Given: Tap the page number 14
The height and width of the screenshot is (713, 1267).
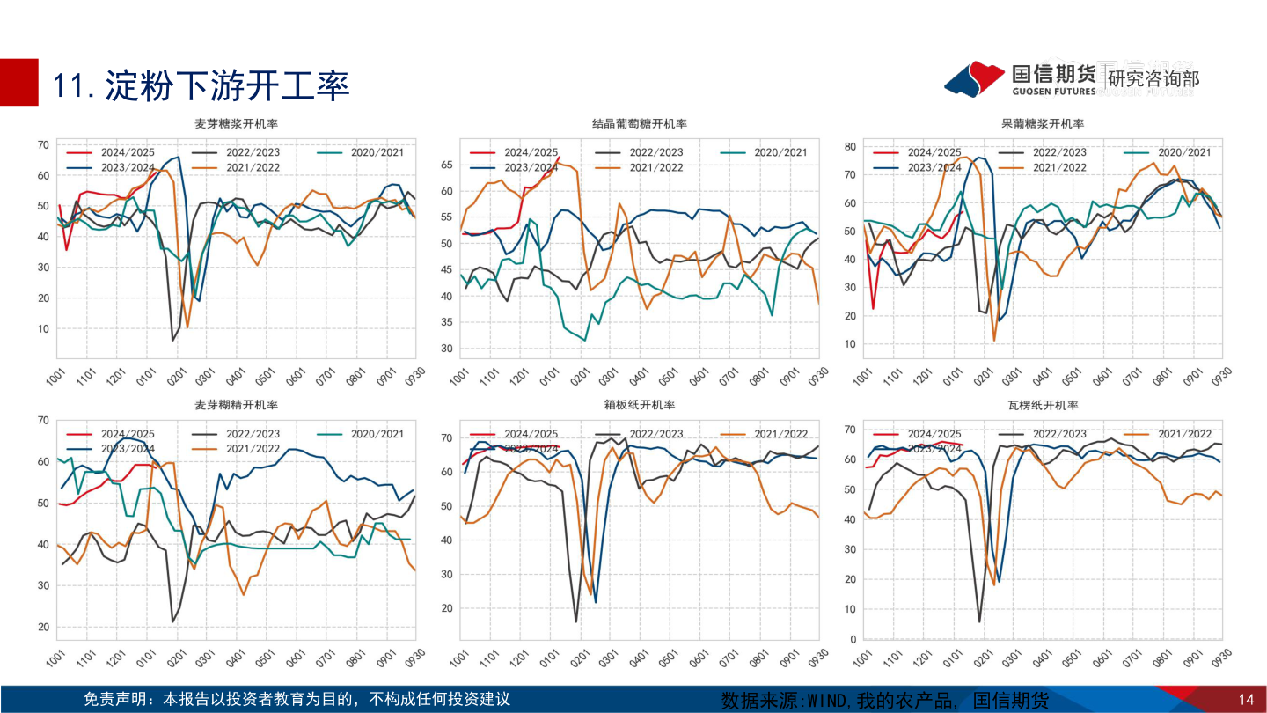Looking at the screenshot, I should pyautogui.click(x=1245, y=700).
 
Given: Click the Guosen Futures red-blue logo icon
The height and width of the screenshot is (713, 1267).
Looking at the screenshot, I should pyautogui.click(x=974, y=78).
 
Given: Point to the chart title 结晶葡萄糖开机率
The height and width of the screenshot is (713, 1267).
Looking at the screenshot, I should pyautogui.click(x=640, y=124).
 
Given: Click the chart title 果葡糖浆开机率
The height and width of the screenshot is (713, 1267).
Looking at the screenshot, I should pyautogui.click(x=1043, y=124).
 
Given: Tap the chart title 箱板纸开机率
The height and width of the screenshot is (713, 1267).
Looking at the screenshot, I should pyautogui.click(x=640, y=405).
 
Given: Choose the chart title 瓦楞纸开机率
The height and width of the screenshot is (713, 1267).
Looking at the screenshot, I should pyautogui.click(x=1043, y=405).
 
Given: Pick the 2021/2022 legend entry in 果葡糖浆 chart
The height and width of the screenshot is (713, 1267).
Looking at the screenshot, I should pyautogui.click(x=1059, y=167).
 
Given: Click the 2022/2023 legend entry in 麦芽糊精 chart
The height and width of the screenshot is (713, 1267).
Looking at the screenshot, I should pyautogui.click(x=253, y=434).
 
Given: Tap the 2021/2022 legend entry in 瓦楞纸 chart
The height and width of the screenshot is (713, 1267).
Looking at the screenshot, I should pyautogui.click(x=1184, y=434).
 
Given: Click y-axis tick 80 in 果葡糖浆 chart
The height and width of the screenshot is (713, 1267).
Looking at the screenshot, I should pyautogui.click(x=850, y=146).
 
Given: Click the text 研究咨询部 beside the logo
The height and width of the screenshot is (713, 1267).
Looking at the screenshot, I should pyautogui.click(x=1153, y=79).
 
